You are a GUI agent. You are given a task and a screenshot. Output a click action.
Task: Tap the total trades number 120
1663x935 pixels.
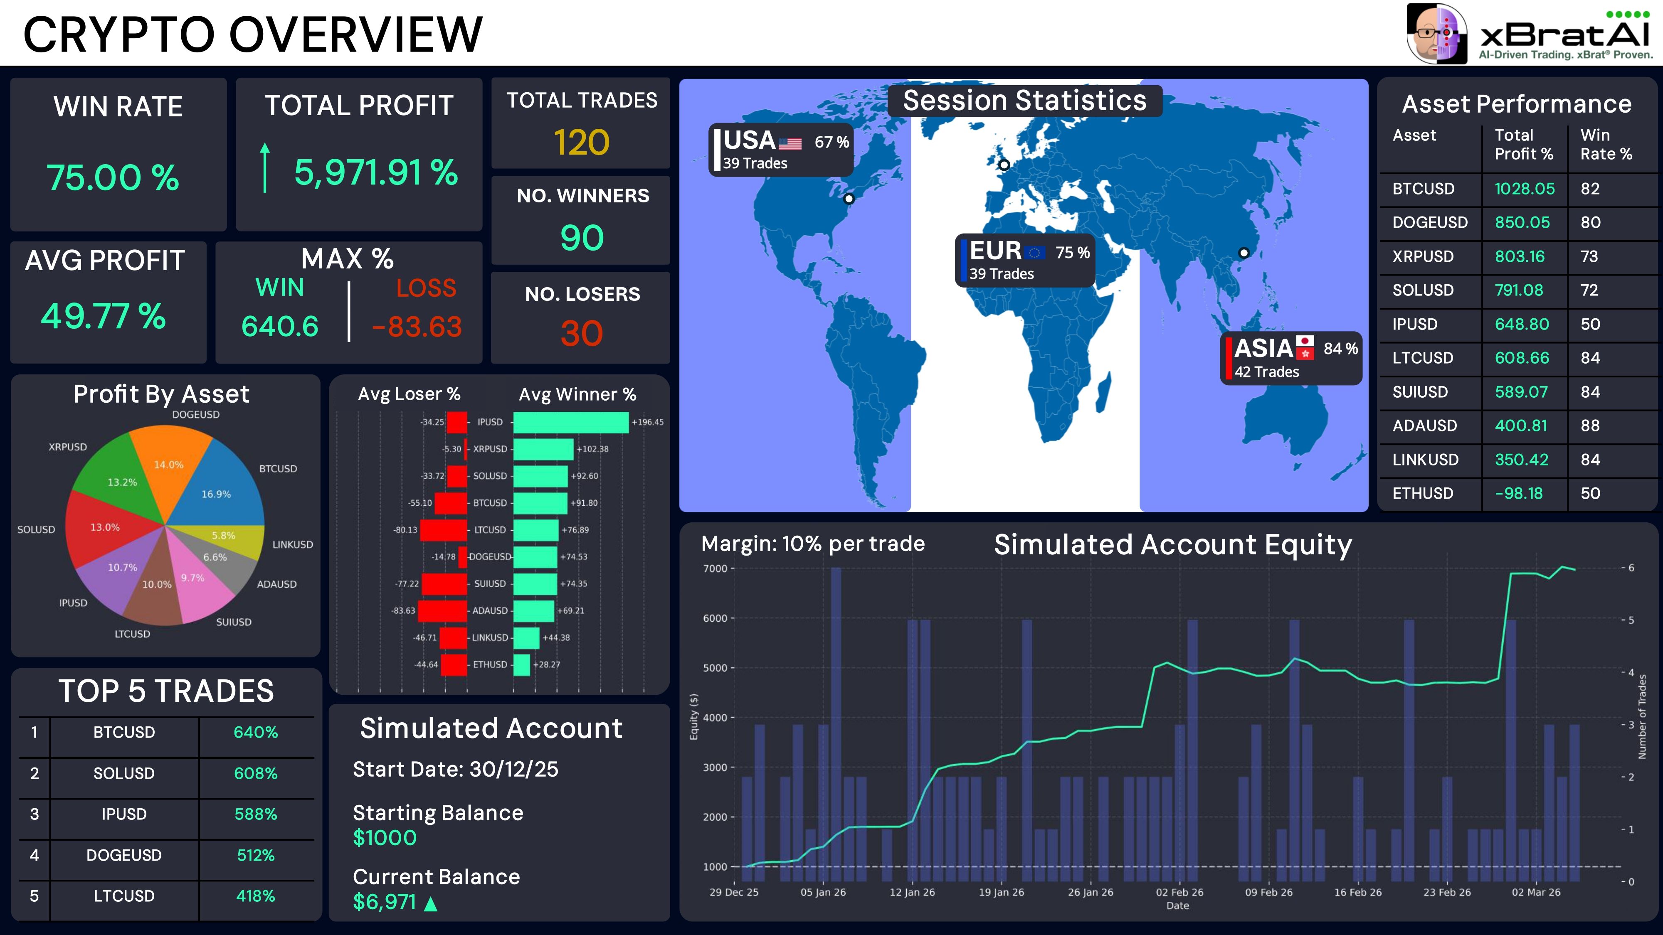582,142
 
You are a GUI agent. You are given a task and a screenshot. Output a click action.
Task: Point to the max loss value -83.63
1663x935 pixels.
417,327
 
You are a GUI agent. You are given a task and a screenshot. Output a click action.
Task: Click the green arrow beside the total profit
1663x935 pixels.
265,168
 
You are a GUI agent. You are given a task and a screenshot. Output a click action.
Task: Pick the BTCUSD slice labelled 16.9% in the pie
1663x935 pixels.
223,487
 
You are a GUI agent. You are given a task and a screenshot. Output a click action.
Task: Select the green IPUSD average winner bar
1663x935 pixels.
570,422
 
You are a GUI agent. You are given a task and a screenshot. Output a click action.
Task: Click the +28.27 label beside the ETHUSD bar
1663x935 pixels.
546,664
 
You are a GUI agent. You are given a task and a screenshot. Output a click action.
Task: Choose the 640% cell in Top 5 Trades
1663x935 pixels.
256,732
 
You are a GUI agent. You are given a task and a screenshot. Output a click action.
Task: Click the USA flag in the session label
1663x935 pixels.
790,143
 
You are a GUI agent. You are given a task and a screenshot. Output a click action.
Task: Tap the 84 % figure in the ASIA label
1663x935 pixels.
1340,349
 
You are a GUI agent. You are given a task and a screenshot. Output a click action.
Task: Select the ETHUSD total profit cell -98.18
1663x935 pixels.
1518,494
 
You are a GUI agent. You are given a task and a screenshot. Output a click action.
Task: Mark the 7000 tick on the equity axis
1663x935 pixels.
715,568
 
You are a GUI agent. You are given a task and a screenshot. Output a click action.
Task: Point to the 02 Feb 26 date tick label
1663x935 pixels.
1179,893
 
